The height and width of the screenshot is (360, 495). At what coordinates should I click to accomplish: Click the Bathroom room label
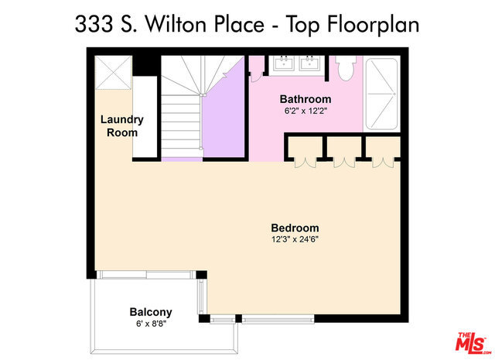point(306,99)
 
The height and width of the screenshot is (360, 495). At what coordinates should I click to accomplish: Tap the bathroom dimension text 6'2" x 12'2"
point(306,111)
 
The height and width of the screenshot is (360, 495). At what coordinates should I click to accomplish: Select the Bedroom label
point(295,228)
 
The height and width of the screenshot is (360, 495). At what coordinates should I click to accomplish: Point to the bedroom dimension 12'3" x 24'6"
point(295,239)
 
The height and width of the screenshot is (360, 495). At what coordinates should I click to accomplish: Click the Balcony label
point(151,312)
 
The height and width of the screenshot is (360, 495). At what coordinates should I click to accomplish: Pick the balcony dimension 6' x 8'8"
point(152,324)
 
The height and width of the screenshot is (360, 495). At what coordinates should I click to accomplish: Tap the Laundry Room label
point(122,125)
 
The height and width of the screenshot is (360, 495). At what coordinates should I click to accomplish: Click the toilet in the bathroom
point(346,67)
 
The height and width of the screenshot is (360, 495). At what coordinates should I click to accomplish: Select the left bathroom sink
point(283,63)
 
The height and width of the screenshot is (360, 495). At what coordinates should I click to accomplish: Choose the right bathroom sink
point(309,63)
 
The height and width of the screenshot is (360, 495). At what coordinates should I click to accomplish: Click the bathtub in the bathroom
point(381,94)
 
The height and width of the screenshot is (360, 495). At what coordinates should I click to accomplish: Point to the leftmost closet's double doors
point(305,163)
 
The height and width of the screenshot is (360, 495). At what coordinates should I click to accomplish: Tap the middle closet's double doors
point(344,163)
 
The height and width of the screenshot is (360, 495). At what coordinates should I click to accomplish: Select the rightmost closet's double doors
point(384,163)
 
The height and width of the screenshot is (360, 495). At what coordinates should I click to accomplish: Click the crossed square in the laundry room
point(114,73)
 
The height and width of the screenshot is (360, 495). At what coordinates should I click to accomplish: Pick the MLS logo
point(473,343)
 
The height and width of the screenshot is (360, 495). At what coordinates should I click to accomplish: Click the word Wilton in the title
point(179,24)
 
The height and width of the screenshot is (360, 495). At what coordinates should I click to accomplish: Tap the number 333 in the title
point(94,24)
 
